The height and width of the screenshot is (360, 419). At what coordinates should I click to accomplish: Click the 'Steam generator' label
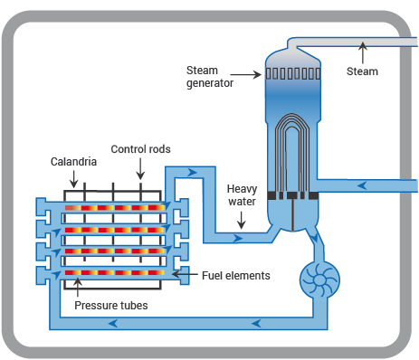pos(210,77)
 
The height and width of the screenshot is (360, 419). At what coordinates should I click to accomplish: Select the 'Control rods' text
pos(140,149)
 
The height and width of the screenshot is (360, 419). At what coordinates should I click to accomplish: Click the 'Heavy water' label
pos(243,195)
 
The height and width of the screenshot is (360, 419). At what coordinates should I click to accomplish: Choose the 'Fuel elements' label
pos(238,274)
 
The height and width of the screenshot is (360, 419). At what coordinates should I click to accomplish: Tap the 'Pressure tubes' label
pos(110,306)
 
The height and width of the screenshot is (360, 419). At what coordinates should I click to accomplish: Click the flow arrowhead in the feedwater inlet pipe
pos(362,186)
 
